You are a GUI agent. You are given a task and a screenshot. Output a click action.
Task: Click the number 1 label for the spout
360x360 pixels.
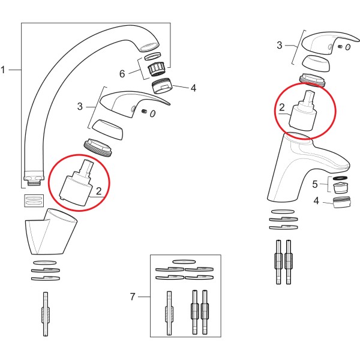coord(4,70)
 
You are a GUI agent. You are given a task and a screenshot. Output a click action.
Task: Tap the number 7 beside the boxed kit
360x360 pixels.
coord(133,296)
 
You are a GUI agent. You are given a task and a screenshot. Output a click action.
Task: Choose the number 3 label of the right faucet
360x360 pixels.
coord(280,45)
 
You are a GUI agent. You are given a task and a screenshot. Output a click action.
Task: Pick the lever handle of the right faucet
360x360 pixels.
coord(326,41)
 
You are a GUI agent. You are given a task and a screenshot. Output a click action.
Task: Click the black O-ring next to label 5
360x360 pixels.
coord(341,179)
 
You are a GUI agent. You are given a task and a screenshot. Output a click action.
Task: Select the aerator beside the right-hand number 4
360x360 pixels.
coord(341,202)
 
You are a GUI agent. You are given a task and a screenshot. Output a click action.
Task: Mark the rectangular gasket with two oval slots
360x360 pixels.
coord(33,199)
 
